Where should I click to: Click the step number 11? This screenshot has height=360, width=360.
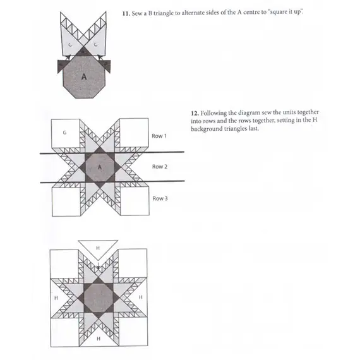point(124,13)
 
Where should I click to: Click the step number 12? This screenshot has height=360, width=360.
point(194,113)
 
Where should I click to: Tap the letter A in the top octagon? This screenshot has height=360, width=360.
point(83,76)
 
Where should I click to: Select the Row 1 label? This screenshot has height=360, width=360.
point(159,136)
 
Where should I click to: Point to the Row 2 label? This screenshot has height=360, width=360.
point(159,167)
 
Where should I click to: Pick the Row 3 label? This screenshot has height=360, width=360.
point(159,198)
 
